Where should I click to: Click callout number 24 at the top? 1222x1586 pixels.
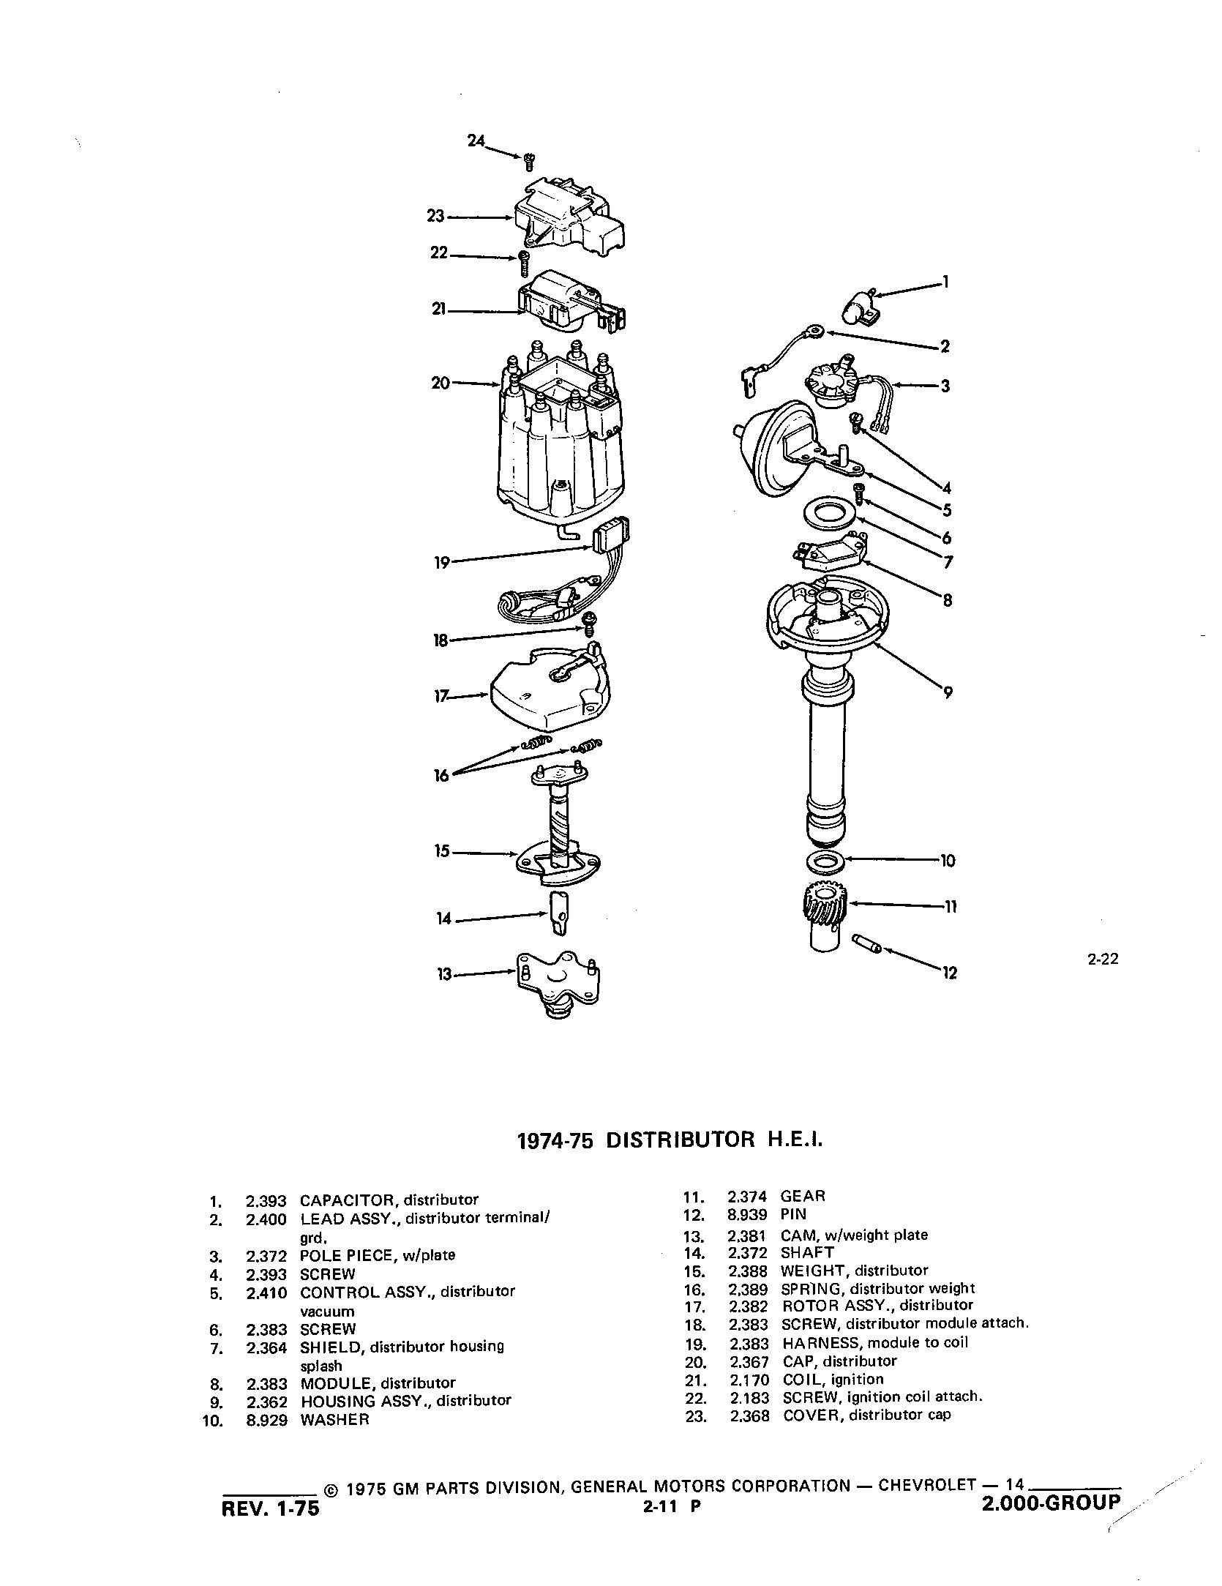[476, 141]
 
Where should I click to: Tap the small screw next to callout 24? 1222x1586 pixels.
[529, 161]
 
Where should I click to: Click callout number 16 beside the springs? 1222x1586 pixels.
[441, 775]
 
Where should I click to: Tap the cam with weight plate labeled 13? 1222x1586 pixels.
[558, 981]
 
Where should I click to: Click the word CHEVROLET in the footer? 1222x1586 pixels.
[926, 1485]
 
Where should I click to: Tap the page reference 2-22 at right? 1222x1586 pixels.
[1103, 959]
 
